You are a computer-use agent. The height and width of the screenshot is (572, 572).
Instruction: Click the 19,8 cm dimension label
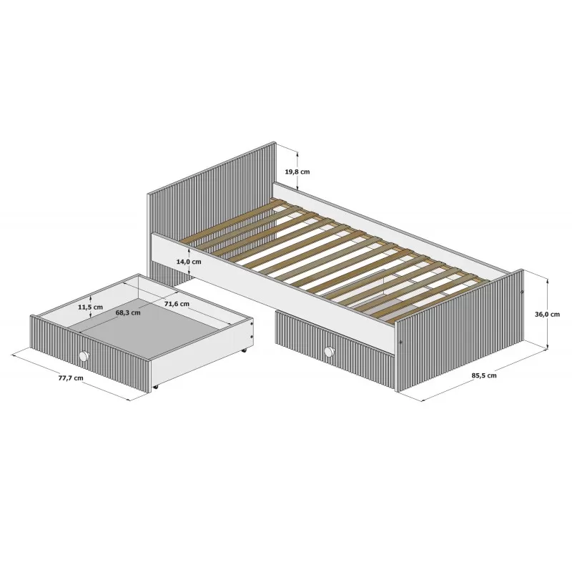297,172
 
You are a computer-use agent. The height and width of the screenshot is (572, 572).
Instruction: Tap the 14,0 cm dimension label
189,262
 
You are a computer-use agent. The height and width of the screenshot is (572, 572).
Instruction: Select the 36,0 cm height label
547,314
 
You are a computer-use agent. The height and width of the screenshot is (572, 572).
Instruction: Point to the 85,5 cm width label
484,375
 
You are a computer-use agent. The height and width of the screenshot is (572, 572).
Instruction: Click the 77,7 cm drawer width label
71,378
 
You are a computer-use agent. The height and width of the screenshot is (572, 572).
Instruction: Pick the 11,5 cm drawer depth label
90,307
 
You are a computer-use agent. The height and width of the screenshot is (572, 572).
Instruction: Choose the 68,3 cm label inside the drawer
128,312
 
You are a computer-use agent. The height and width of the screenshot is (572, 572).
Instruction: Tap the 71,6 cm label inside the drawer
177,303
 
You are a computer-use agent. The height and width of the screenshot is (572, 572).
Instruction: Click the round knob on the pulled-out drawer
84,355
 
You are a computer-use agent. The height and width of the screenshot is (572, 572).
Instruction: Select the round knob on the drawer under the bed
329,351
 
